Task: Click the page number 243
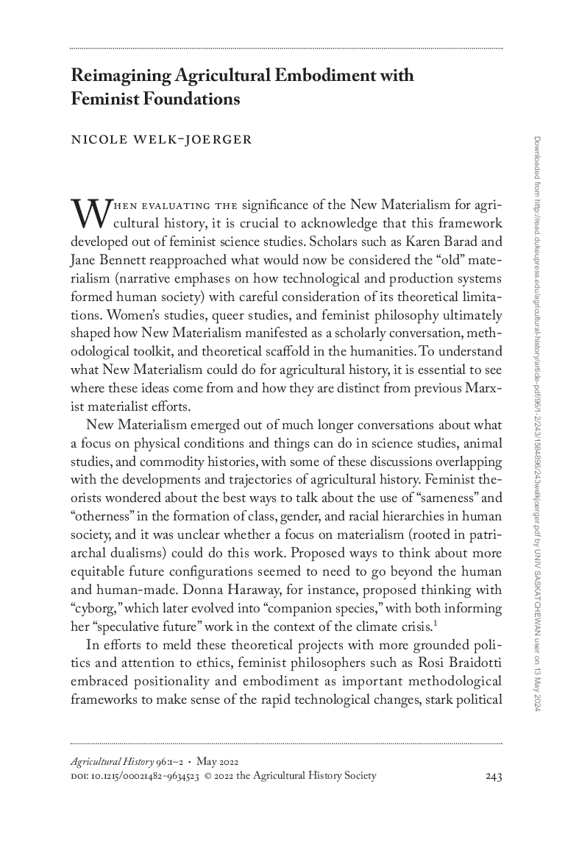tap(494, 776)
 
